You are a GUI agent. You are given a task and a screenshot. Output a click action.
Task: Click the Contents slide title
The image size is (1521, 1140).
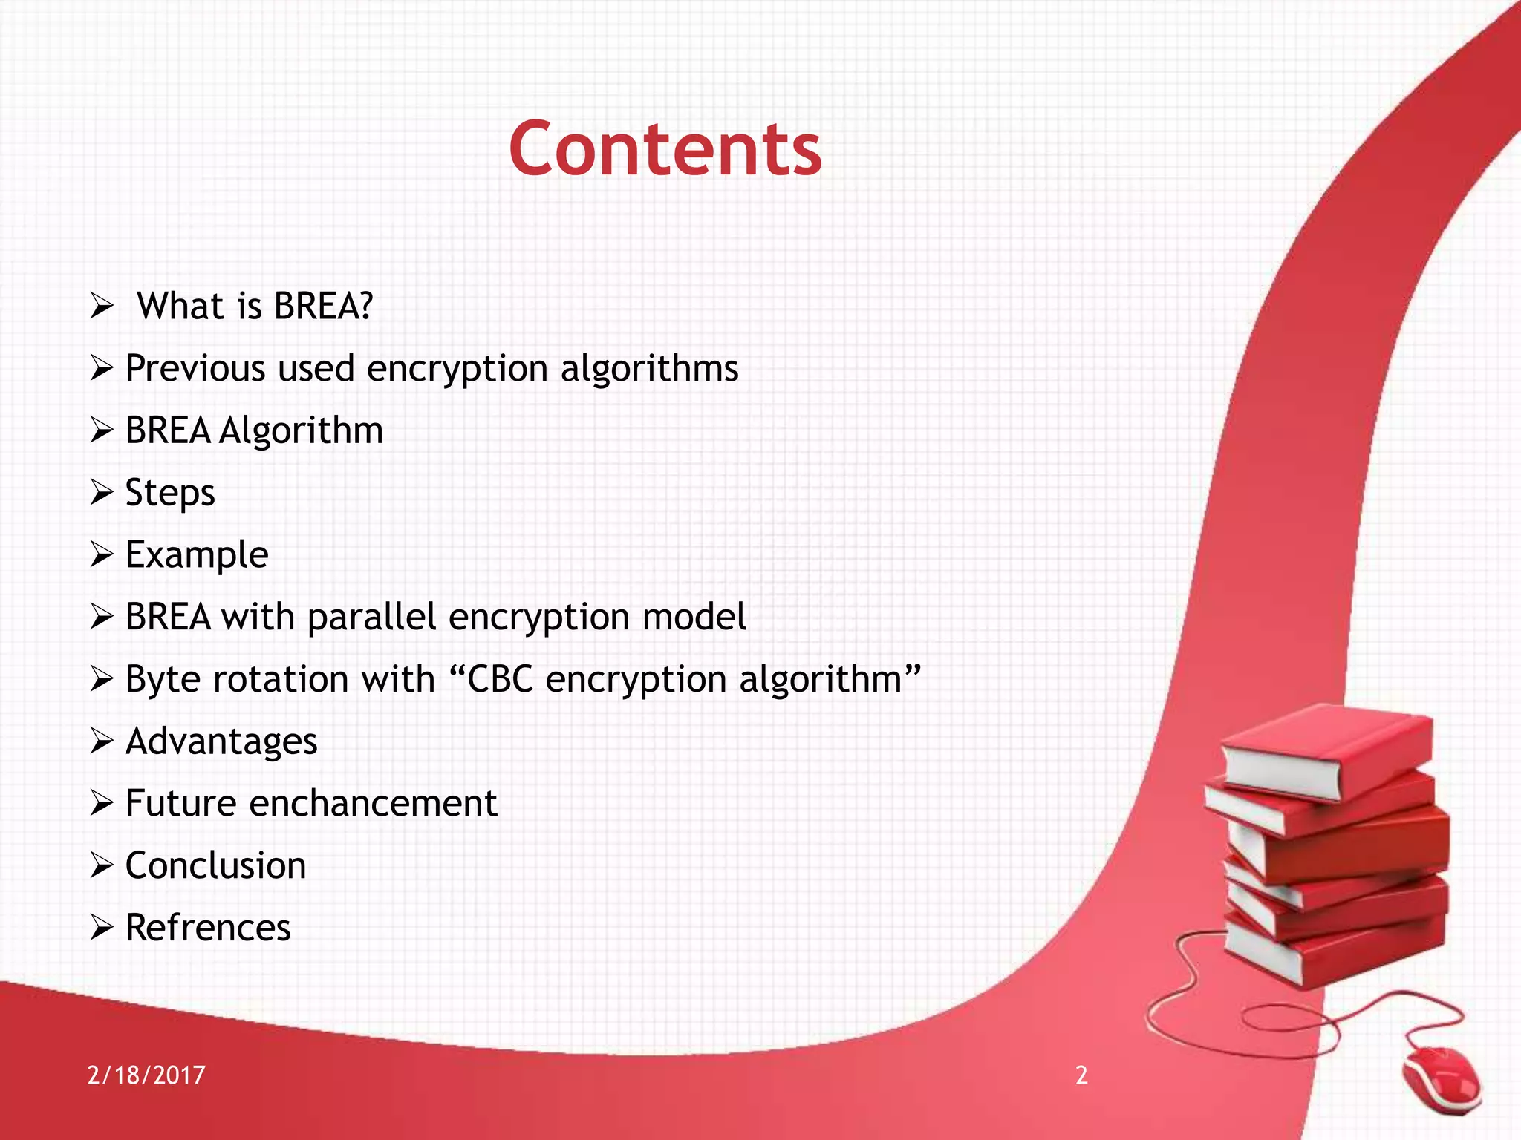[665, 149]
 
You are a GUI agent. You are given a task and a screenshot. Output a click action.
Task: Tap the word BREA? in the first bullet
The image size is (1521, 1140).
[322, 306]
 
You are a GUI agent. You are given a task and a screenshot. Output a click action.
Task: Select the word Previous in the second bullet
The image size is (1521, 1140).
[195, 368]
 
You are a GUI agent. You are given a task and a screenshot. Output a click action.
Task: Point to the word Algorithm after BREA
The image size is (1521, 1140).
[301, 431]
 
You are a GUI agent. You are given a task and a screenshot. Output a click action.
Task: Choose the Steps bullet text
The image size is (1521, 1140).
[170, 494]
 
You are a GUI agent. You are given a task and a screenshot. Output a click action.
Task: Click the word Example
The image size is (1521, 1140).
[197, 555]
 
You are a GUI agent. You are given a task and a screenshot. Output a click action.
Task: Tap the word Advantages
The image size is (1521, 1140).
[221, 741]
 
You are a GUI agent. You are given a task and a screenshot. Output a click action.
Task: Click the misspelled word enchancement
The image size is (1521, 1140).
[373, 803]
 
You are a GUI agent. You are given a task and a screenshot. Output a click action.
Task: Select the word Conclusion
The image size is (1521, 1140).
[215, 865]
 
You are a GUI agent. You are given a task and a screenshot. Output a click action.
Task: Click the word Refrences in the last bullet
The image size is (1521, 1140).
[208, 928]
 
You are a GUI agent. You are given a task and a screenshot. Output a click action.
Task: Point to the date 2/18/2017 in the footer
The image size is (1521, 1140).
[146, 1075]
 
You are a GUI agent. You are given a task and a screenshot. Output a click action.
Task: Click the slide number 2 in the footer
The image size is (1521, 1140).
[1081, 1075]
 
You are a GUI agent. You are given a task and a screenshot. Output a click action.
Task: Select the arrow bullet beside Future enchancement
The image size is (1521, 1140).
[101, 803]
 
